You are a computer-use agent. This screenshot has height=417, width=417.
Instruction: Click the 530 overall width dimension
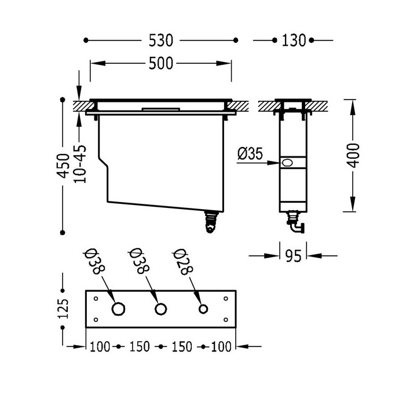tap(160, 40)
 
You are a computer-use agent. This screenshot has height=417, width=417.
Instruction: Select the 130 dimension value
tap(293, 40)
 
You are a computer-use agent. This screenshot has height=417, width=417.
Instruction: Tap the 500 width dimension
tap(160, 63)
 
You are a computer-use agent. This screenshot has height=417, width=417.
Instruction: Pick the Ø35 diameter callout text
tap(251, 153)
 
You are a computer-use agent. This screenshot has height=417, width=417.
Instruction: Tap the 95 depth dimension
tap(293, 255)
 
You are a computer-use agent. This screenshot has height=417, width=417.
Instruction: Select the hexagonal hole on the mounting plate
tap(118, 308)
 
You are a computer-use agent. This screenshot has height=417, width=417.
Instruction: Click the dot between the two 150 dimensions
tap(160, 347)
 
